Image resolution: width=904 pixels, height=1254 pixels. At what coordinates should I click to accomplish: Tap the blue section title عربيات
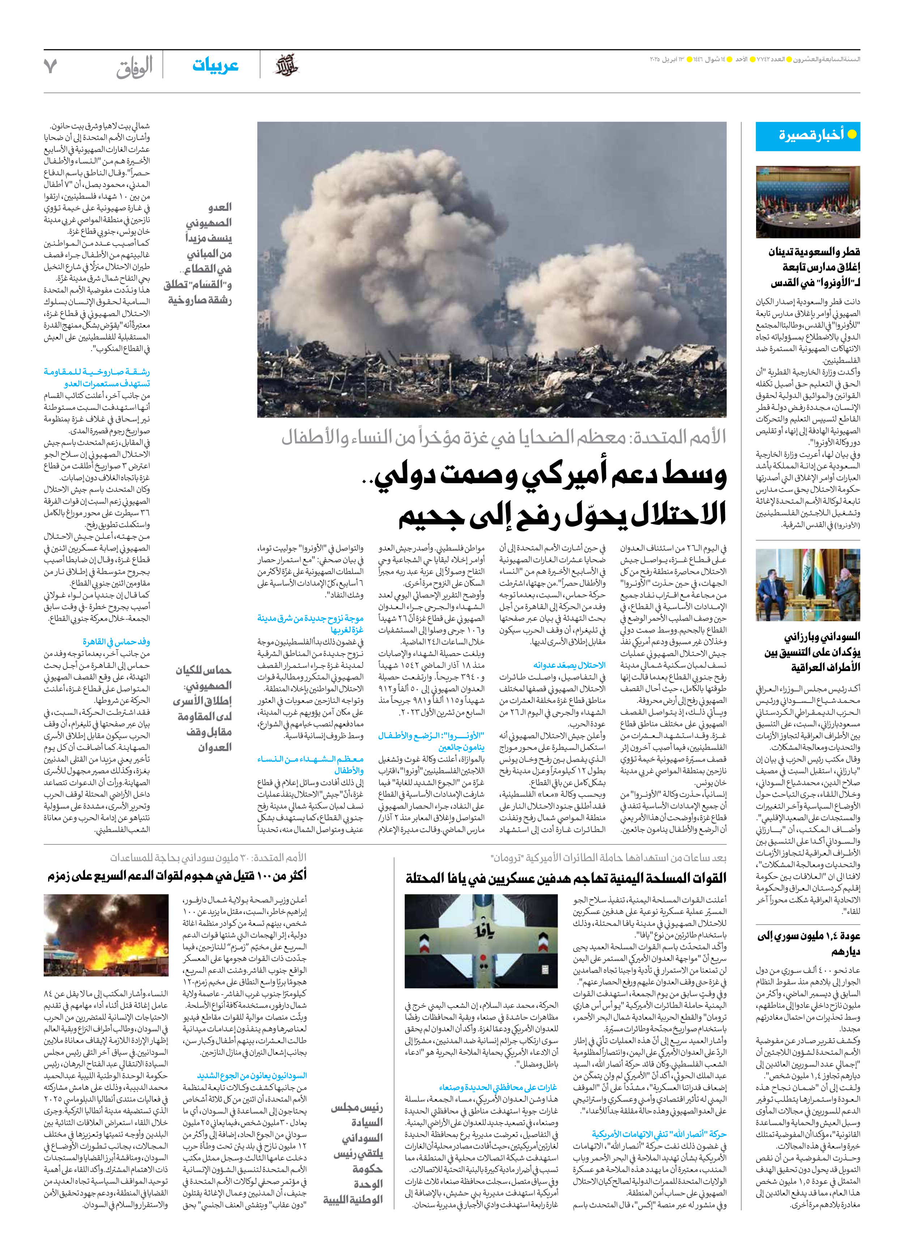pos(215,65)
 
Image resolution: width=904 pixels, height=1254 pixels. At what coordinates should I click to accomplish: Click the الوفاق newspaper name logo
pos(135,68)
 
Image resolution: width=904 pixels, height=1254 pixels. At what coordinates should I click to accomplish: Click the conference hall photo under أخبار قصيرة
pos(808,202)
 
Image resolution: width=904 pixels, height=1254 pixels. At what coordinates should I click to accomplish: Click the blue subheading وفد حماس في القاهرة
pos(116,641)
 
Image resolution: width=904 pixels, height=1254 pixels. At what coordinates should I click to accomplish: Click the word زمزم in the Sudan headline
pos(61,876)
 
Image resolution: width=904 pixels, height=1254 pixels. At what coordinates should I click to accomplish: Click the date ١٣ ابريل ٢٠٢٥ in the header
pos(666,59)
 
